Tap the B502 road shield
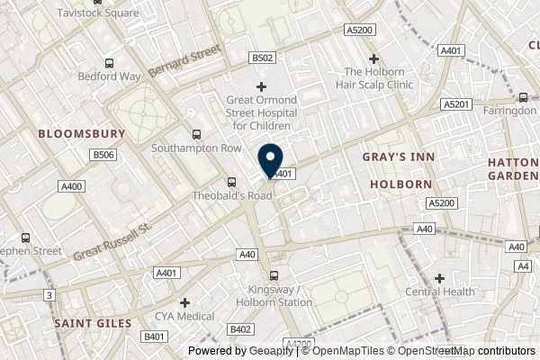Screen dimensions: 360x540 [x=261, y=58]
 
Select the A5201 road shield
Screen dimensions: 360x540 [x=455, y=105]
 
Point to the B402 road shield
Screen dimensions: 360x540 [x=240, y=330]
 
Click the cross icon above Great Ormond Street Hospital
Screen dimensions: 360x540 [x=261, y=86]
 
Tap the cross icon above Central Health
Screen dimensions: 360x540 [x=440, y=278]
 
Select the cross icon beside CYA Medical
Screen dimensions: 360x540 [x=184, y=302]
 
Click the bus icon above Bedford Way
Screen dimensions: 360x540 [x=109, y=63]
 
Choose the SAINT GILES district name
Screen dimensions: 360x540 [x=92, y=321]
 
